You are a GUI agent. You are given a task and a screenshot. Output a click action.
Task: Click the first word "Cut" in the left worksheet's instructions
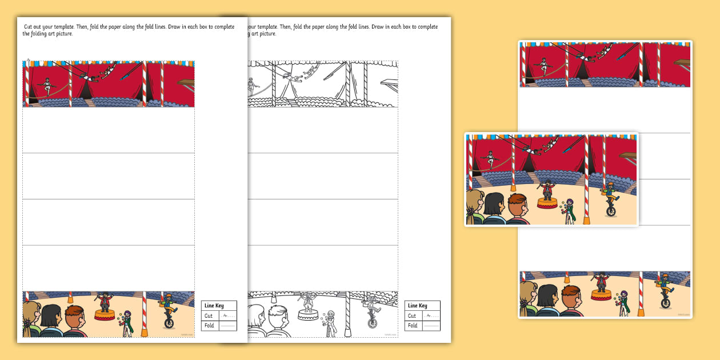click(29, 27)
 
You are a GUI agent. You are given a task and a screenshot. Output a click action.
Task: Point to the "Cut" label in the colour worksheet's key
click(208, 316)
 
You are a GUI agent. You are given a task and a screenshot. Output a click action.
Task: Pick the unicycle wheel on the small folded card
click(611, 211)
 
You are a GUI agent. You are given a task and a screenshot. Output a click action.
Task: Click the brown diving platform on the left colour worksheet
click(186, 83)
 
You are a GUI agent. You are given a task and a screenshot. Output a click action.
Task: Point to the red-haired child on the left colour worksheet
click(75, 321)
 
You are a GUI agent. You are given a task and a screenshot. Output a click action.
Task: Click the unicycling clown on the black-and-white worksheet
click(372, 309)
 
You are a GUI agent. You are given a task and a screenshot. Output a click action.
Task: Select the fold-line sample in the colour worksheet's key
click(227, 326)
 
